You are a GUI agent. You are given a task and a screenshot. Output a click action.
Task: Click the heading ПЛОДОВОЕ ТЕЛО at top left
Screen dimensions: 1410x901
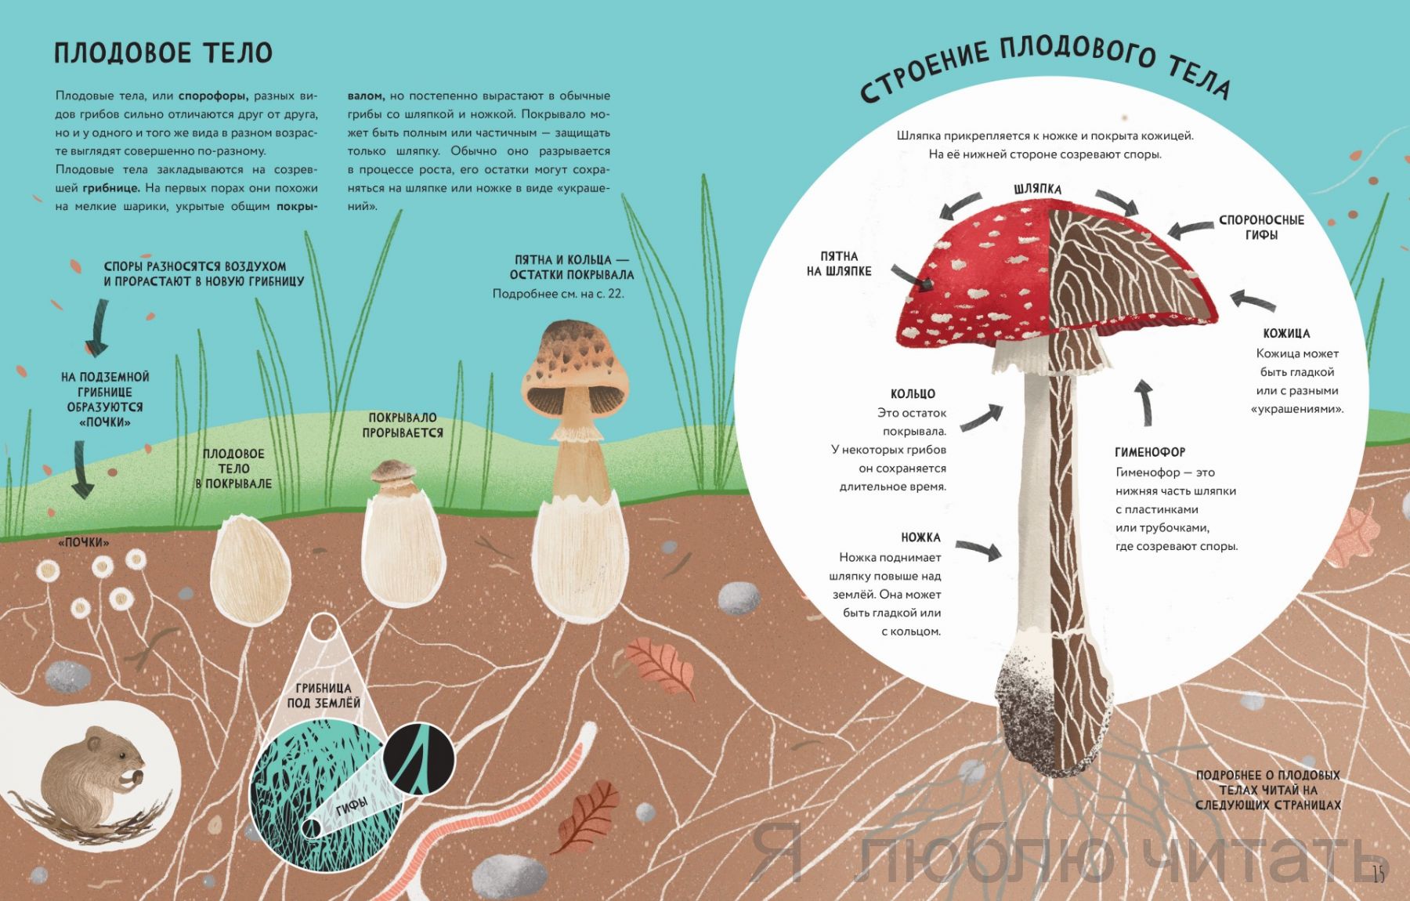[x=163, y=52]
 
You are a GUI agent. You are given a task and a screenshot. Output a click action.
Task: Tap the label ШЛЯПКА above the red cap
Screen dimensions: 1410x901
[x=1037, y=189]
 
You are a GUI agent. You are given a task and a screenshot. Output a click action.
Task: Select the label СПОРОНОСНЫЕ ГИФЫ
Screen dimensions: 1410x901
[x=1261, y=227]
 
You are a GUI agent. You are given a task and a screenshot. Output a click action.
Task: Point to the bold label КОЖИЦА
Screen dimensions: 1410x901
[x=1286, y=333]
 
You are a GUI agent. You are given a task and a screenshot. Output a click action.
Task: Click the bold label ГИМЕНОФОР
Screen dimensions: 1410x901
[x=1150, y=452]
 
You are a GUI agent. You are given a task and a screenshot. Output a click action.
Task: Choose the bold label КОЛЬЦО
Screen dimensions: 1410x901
[x=913, y=394]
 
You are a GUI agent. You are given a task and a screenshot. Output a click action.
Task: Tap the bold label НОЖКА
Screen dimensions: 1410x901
[x=920, y=537]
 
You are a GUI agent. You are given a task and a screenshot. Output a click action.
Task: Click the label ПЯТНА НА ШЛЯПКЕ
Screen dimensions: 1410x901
[x=839, y=264]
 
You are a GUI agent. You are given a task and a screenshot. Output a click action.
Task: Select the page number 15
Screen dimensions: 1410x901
[x=1379, y=874]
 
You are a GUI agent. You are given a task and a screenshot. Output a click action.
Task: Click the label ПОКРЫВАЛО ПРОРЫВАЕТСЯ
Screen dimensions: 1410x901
[x=403, y=425]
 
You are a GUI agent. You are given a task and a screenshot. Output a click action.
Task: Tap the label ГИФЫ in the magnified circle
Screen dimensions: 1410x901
[x=352, y=805]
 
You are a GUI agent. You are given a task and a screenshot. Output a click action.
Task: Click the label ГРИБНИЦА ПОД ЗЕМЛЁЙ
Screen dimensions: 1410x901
[x=324, y=696]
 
